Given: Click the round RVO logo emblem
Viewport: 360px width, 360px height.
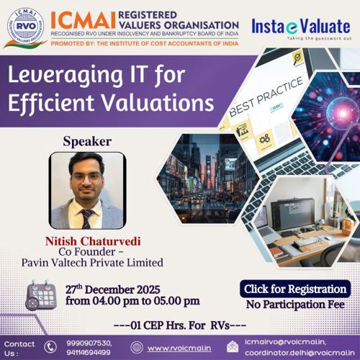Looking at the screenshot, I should click(24, 28).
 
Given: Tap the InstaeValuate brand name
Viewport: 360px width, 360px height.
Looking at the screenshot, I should click(300, 26).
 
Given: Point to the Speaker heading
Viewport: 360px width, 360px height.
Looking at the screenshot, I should click(87, 141).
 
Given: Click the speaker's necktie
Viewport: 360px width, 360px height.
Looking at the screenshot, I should click(86, 217).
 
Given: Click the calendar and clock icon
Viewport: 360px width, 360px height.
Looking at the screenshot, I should click(41, 294).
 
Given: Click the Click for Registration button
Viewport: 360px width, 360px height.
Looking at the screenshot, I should click(296, 289).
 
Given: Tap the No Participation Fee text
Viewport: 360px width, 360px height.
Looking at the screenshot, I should click(294, 305).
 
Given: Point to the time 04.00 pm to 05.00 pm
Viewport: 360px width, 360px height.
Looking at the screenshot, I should click(132, 301).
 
